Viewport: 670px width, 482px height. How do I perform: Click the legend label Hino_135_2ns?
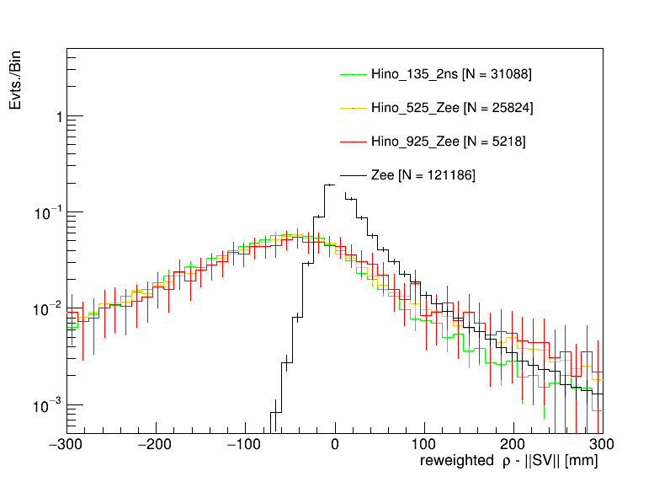pos(450,74)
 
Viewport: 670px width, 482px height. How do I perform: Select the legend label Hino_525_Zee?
pos(451,108)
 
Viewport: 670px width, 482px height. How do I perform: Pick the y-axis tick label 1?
pos(57,116)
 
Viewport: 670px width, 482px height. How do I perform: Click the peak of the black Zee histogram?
pos(331,185)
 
